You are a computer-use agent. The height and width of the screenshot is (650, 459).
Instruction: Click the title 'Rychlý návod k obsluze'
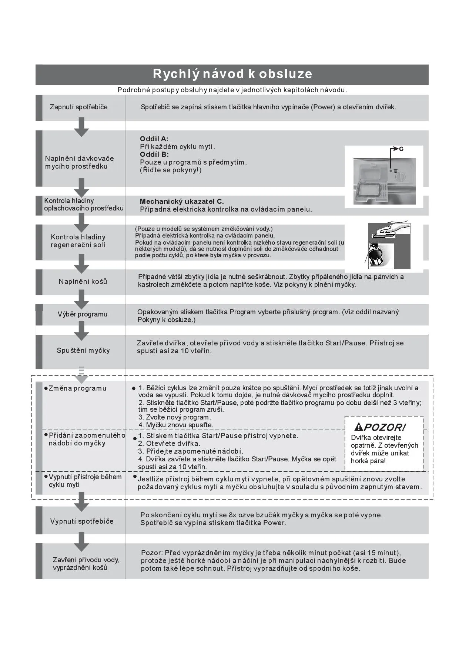coord(232,74)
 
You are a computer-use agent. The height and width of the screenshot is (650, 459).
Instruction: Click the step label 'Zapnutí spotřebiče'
coord(78,107)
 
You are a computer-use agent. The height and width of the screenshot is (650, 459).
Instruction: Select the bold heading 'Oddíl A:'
coord(154,139)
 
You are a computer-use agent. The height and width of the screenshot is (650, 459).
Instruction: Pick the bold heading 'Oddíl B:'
coord(154,155)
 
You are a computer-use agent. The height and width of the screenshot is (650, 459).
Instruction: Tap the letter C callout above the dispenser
coord(401,149)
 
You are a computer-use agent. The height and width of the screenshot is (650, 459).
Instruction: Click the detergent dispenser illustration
coord(384,181)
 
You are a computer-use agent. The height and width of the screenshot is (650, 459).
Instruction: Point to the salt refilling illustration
coord(389,246)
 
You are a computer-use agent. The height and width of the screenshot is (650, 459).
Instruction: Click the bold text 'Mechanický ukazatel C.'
coord(182,202)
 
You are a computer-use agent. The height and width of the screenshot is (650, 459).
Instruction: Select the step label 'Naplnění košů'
coord(83,282)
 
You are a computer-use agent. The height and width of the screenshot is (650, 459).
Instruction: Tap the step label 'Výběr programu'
coord(82,314)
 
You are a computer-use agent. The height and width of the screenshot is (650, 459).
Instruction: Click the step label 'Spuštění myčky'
coord(83,351)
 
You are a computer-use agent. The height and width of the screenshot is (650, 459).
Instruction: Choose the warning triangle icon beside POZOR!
coord(358,427)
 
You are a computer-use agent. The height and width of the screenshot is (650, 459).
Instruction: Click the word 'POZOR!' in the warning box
coord(385,427)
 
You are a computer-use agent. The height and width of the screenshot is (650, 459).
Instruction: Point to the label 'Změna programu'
coord(77,388)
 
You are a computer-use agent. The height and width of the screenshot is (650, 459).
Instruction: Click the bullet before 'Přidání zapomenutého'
coord(46,434)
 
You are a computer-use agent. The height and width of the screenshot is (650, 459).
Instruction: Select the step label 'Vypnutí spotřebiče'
coord(82,521)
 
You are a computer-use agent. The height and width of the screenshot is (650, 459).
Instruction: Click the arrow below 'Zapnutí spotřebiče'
coord(81,127)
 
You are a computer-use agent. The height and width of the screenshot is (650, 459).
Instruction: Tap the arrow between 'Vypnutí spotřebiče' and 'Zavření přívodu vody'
coord(81,542)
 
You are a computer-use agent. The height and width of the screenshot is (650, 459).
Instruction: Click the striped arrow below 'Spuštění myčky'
coord(81,375)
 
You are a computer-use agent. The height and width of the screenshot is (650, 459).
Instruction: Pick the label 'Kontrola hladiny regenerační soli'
coord(78,241)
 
